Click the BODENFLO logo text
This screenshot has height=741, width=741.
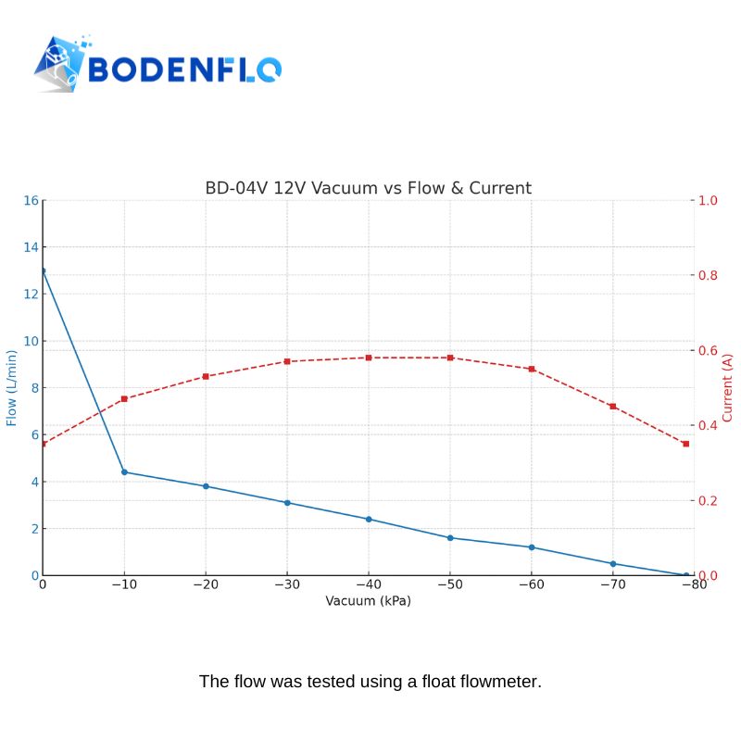coord(183,69)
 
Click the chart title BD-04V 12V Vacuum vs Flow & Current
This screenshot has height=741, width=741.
coord(368,188)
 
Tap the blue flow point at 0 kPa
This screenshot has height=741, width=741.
coord(43,270)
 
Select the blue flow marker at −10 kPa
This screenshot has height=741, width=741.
coord(124,472)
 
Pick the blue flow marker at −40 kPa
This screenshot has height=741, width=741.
coord(369,519)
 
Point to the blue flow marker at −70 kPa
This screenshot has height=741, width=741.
coord(613,563)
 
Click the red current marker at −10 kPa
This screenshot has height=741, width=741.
coord(124,399)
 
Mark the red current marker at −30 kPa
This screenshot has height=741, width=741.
coord(287,361)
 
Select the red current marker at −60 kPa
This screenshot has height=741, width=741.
coord(532,369)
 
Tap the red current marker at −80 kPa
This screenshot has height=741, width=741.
coord(686,444)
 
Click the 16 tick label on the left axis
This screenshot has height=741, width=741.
coord(31,200)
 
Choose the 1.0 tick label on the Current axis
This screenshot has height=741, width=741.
coord(708,200)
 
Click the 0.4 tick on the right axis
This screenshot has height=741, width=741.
coord(708,425)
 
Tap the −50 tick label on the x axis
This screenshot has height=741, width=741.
coord(449,584)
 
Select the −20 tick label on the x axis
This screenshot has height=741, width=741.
coord(205,584)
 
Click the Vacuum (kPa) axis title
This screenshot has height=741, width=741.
coord(368,600)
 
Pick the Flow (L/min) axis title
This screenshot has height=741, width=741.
coord(11,387)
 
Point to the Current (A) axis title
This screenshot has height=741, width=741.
coord(727,387)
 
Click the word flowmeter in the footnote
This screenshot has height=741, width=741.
coord(499,682)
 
